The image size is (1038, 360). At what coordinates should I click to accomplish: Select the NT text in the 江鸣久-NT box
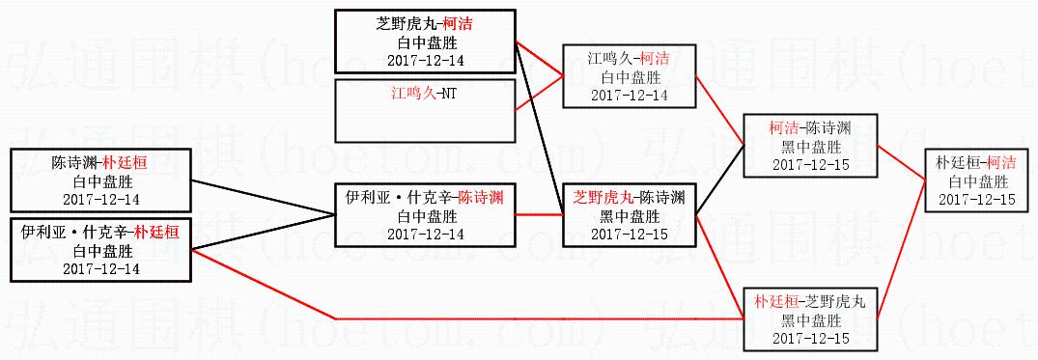448,94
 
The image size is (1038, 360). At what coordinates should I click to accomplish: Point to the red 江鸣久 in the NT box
412,94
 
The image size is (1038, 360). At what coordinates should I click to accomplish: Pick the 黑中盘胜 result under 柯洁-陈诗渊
811,146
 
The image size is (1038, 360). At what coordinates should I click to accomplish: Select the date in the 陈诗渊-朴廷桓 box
101,199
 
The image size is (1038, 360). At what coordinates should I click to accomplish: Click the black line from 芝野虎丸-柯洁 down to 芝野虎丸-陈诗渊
539,127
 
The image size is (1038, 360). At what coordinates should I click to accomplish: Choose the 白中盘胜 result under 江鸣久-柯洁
629,76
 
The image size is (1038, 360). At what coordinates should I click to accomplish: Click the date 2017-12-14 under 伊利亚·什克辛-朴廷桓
101,268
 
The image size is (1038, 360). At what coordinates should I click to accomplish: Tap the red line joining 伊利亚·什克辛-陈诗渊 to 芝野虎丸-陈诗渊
539,214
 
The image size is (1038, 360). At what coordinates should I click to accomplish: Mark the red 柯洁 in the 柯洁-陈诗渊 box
784,127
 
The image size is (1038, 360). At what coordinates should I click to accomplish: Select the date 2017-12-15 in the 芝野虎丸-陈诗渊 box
629,235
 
